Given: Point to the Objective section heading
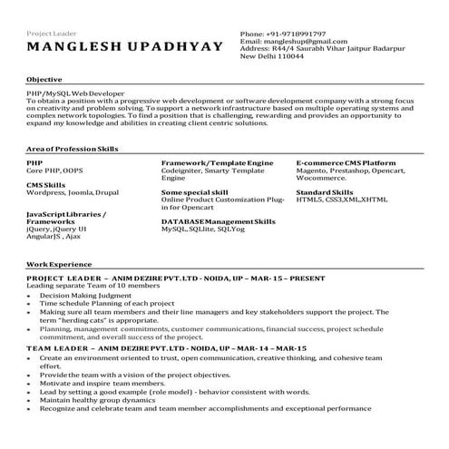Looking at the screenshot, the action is click(44, 80).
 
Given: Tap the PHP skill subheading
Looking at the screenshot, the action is click(34, 161).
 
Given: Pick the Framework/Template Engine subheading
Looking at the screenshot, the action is click(217, 161).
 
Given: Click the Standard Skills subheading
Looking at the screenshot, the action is click(325, 192).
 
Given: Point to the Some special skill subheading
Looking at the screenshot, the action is click(194, 192).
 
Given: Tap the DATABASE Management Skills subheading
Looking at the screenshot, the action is click(218, 221).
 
